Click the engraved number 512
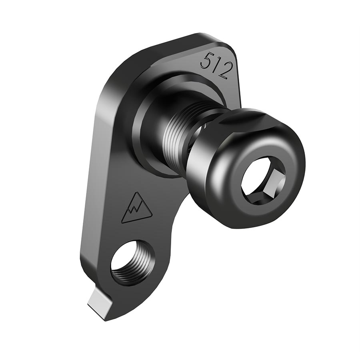click(216, 66)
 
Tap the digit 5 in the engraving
click(207, 62)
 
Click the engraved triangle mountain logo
click(136, 208)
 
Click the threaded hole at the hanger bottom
click(130, 262)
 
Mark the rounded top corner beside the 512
click(230, 46)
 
